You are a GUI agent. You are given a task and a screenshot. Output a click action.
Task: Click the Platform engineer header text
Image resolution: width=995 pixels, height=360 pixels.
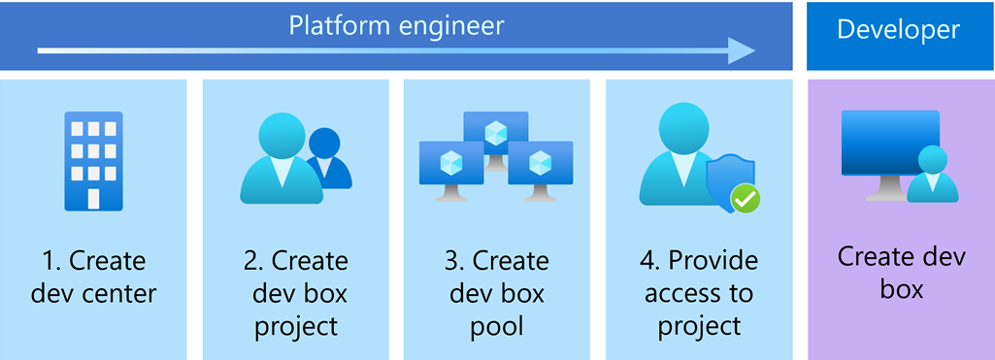click(396, 25)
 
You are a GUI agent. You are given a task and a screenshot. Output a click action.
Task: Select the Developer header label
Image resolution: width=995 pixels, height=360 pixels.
click(898, 30)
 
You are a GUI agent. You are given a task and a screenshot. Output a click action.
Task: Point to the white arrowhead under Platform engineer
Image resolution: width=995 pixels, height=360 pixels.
click(742, 50)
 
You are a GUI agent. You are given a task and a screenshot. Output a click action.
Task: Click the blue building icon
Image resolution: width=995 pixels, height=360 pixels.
click(93, 161)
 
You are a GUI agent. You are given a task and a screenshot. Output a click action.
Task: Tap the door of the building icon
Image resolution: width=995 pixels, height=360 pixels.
click(93, 198)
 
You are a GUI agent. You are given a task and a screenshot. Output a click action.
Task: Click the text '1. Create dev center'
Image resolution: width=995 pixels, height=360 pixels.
click(93, 276)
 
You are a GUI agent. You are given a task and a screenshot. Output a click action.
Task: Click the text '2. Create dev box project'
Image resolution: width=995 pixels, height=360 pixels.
click(295, 292)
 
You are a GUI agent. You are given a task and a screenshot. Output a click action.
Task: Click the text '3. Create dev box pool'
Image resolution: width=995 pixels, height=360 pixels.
click(497, 292)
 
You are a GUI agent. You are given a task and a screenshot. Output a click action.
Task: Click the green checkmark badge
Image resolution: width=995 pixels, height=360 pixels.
click(746, 199)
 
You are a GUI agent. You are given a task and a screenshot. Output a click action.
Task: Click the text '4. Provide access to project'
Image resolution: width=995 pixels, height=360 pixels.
click(699, 292)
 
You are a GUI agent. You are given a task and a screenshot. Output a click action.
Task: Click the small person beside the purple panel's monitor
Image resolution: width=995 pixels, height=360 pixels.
click(932, 175)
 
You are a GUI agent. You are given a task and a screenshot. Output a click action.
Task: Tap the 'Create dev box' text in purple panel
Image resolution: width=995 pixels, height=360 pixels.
click(902, 274)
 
